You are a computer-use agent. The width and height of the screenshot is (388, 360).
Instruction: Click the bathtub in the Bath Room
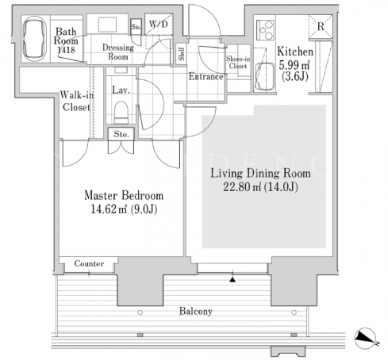coord(35,39)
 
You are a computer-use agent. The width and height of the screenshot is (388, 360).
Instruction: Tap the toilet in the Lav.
coord(121,112)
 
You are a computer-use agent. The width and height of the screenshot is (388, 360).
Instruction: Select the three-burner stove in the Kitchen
coord(265,30)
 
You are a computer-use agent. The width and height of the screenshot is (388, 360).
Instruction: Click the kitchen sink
coord(264,76)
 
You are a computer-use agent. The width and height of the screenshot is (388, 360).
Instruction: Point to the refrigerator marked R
coord(321,26)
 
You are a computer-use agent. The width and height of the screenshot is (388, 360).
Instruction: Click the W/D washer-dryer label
coord(159,25)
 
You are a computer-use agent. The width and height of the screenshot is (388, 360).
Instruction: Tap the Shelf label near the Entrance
coord(182,54)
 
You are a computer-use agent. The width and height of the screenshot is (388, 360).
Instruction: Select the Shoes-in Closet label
coord(238,63)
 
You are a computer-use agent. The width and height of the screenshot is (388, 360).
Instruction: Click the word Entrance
coord(206,77)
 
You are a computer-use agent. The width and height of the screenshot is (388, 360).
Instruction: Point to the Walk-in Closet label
coord(77,101)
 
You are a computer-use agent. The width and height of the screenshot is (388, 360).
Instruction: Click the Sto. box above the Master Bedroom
coord(121,134)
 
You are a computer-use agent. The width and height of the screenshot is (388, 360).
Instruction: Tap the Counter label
coord(89,263)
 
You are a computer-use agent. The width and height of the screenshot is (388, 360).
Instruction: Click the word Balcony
coord(196,311)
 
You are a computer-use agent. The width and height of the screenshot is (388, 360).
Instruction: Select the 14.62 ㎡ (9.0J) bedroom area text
coord(124,209)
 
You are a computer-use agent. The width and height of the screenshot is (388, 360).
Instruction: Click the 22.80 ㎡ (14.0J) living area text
coord(260,187)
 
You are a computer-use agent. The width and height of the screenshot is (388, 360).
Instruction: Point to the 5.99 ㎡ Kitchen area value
coord(294,65)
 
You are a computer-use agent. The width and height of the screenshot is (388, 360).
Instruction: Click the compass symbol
coord(366,338)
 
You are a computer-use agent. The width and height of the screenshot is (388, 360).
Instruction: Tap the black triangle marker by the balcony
coord(232,280)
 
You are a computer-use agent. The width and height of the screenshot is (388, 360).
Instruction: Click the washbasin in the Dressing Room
coord(107,25)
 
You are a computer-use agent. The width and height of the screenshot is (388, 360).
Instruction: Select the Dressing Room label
coord(118,52)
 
